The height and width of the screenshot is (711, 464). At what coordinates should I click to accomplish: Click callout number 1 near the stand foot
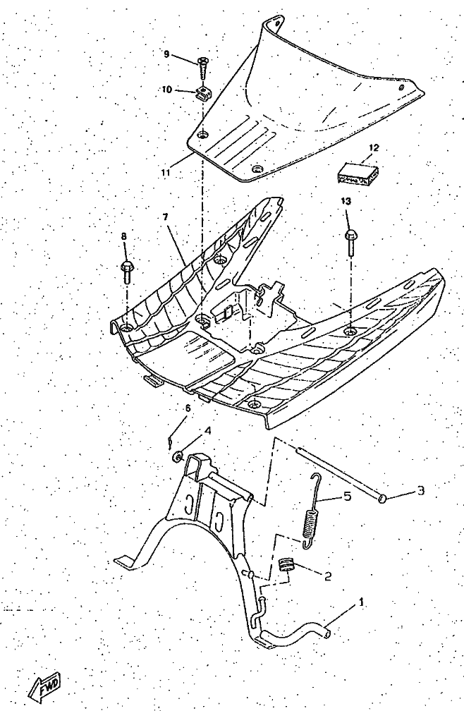pyautogui.click(x=362, y=603)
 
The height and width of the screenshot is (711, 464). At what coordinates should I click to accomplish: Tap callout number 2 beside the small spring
pyautogui.click(x=327, y=576)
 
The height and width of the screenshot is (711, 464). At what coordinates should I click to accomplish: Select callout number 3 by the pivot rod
pyautogui.click(x=420, y=490)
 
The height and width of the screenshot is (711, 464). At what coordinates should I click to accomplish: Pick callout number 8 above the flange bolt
pyautogui.click(x=124, y=237)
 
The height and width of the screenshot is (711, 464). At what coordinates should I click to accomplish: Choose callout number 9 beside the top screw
pyautogui.click(x=166, y=54)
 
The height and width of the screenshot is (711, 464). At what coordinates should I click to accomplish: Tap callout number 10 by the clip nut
pyautogui.click(x=167, y=90)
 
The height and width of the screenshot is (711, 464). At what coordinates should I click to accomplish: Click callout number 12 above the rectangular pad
pyautogui.click(x=374, y=148)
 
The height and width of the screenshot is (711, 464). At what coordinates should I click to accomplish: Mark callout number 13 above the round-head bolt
pyautogui.click(x=346, y=201)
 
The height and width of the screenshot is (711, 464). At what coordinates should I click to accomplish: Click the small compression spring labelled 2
pyautogui.click(x=285, y=564)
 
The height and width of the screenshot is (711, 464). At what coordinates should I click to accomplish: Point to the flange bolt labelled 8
pyautogui.click(x=127, y=270)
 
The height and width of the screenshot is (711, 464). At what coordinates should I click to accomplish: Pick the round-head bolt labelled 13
pyautogui.click(x=349, y=241)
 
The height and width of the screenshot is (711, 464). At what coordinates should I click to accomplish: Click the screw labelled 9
pyautogui.click(x=202, y=68)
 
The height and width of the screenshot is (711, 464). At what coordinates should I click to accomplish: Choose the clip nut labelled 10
pyautogui.click(x=203, y=92)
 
